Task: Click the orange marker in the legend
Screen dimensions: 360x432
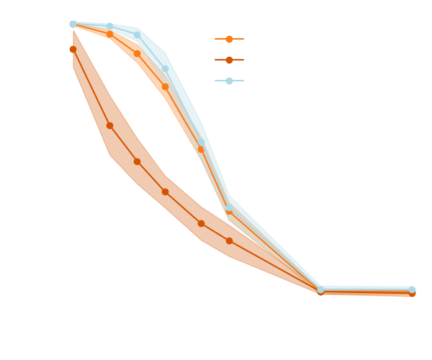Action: pos(229,39)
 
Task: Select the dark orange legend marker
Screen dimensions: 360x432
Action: pos(229,60)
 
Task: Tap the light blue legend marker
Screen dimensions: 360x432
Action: pos(229,81)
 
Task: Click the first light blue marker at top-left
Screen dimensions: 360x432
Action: pos(73,24)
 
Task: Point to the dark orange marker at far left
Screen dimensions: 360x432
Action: pos(73,49)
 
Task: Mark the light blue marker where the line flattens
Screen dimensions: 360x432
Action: pos(321,289)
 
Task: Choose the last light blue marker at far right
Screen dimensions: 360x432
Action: pos(412,290)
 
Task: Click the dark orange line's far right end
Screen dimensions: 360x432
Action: pos(413,294)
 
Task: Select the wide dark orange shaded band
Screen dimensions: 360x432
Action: pos(144,169)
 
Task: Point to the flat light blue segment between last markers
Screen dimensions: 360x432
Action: pos(367,289)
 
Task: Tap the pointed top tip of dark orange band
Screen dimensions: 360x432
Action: pos(73,30)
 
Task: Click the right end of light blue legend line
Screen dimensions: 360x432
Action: pos(243,81)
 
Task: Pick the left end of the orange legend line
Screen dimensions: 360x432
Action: pos(215,39)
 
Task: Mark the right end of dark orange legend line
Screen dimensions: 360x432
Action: pos(243,60)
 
